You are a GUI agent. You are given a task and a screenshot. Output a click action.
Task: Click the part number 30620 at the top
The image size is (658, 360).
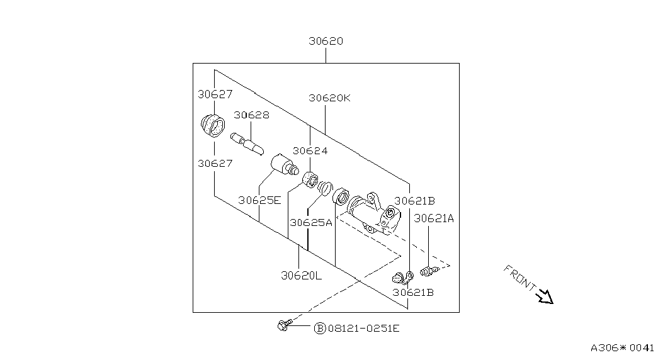(x=326, y=41)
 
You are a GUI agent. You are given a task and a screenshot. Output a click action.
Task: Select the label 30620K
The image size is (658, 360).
(x=329, y=98)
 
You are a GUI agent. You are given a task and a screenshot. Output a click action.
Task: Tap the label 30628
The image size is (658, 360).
(x=251, y=115)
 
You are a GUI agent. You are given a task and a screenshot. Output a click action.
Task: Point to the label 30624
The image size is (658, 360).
(x=310, y=150)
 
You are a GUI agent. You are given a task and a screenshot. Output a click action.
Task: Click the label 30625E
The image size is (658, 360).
(x=259, y=200)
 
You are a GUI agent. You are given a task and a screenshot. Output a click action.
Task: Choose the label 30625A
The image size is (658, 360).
(x=311, y=222)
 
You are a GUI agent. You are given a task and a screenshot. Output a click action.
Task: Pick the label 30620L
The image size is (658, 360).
(x=301, y=276)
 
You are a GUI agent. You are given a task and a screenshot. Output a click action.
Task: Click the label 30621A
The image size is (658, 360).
(x=434, y=218)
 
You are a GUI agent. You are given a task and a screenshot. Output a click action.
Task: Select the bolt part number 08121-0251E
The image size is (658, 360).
(x=363, y=328)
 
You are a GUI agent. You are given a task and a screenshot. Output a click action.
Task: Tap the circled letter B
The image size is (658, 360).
(x=320, y=328)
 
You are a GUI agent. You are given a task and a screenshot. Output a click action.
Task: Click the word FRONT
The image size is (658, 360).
(x=519, y=277)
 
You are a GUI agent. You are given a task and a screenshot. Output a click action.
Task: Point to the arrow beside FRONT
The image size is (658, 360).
(x=545, y=296)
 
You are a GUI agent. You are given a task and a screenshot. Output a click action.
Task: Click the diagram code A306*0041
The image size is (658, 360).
(x=622, y=347)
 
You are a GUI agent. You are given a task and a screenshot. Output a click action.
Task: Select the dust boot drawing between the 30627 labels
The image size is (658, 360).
(x=213, y=125)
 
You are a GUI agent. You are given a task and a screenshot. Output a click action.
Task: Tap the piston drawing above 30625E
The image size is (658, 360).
(x=285, y=165)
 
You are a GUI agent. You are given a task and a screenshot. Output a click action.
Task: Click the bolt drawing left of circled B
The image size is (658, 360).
(x=284, y=325)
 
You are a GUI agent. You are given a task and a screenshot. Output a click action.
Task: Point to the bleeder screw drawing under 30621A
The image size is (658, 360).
(x=429, y=271)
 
